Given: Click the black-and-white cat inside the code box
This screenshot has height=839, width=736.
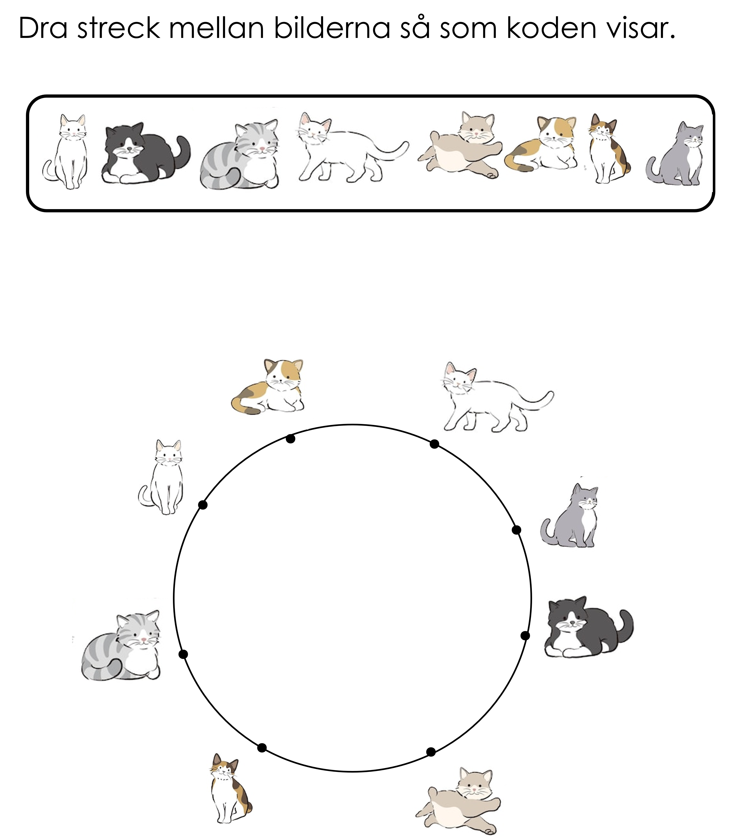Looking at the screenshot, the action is [x=146, y=153].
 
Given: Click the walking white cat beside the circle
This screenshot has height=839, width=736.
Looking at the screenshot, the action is [x=497, y=396].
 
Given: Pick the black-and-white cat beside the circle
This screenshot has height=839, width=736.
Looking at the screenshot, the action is [x=589, y=627].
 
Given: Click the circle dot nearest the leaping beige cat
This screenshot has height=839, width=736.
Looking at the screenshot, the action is [x=431, y=752].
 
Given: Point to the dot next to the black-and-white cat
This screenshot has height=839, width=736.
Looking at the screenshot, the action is [x=525, y=636].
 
